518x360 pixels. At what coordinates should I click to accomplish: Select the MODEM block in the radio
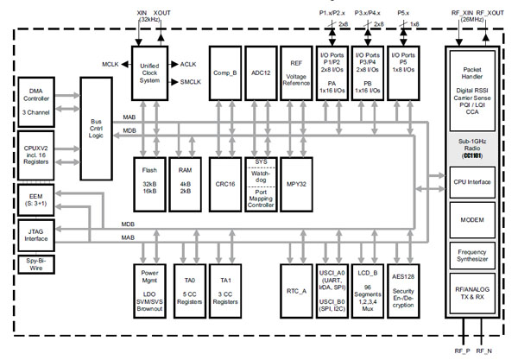point(471,221)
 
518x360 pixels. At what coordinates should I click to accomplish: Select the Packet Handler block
point(471,91)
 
